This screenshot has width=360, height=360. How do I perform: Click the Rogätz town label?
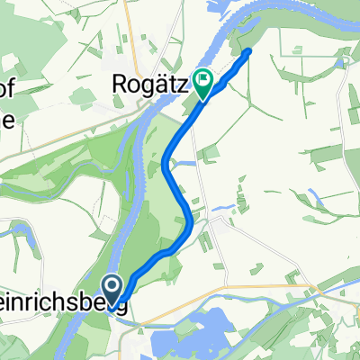click(x=150, y=85)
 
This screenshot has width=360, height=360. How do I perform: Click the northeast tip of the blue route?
click(x=247, y=51)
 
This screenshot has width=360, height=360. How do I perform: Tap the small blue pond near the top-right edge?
click(x=340, y=63)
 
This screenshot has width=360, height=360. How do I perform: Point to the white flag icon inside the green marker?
click(x=204, y=79)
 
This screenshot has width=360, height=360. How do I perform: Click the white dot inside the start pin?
click(x=115, y=287)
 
